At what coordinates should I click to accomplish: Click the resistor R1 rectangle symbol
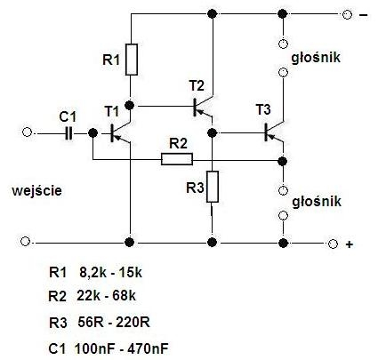(132, 60)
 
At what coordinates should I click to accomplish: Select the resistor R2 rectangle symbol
(177, 159)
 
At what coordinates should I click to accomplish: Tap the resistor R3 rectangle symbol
(213, 187)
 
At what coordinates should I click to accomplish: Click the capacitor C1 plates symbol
(68, 133)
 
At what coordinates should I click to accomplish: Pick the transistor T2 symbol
(203, 107)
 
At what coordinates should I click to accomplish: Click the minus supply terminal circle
(347, 14)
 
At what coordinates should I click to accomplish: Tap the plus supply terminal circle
(333, 244)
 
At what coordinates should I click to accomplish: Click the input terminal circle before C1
(27, 132)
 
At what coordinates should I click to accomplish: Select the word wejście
(37, 190)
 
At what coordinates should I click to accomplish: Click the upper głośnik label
(316, 57)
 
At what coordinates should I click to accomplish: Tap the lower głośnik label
(317, 202)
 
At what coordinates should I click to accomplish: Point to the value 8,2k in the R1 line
(92, 272)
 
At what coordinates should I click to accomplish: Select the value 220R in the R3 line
(133, 322)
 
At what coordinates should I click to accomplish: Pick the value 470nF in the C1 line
(148, 348)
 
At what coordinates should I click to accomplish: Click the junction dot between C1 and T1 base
(93, 132)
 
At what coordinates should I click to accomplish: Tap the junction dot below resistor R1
(130, 105)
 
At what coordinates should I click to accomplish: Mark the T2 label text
(197, 86)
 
